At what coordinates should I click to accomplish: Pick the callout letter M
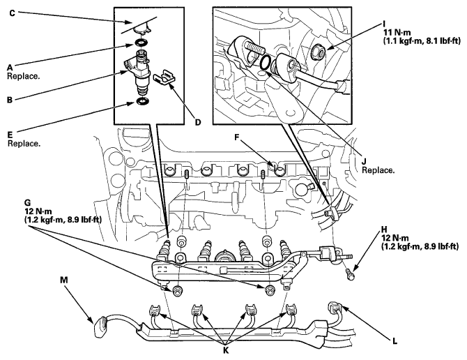pos(63,280)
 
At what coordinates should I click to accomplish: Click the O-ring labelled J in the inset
pos(266,63)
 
